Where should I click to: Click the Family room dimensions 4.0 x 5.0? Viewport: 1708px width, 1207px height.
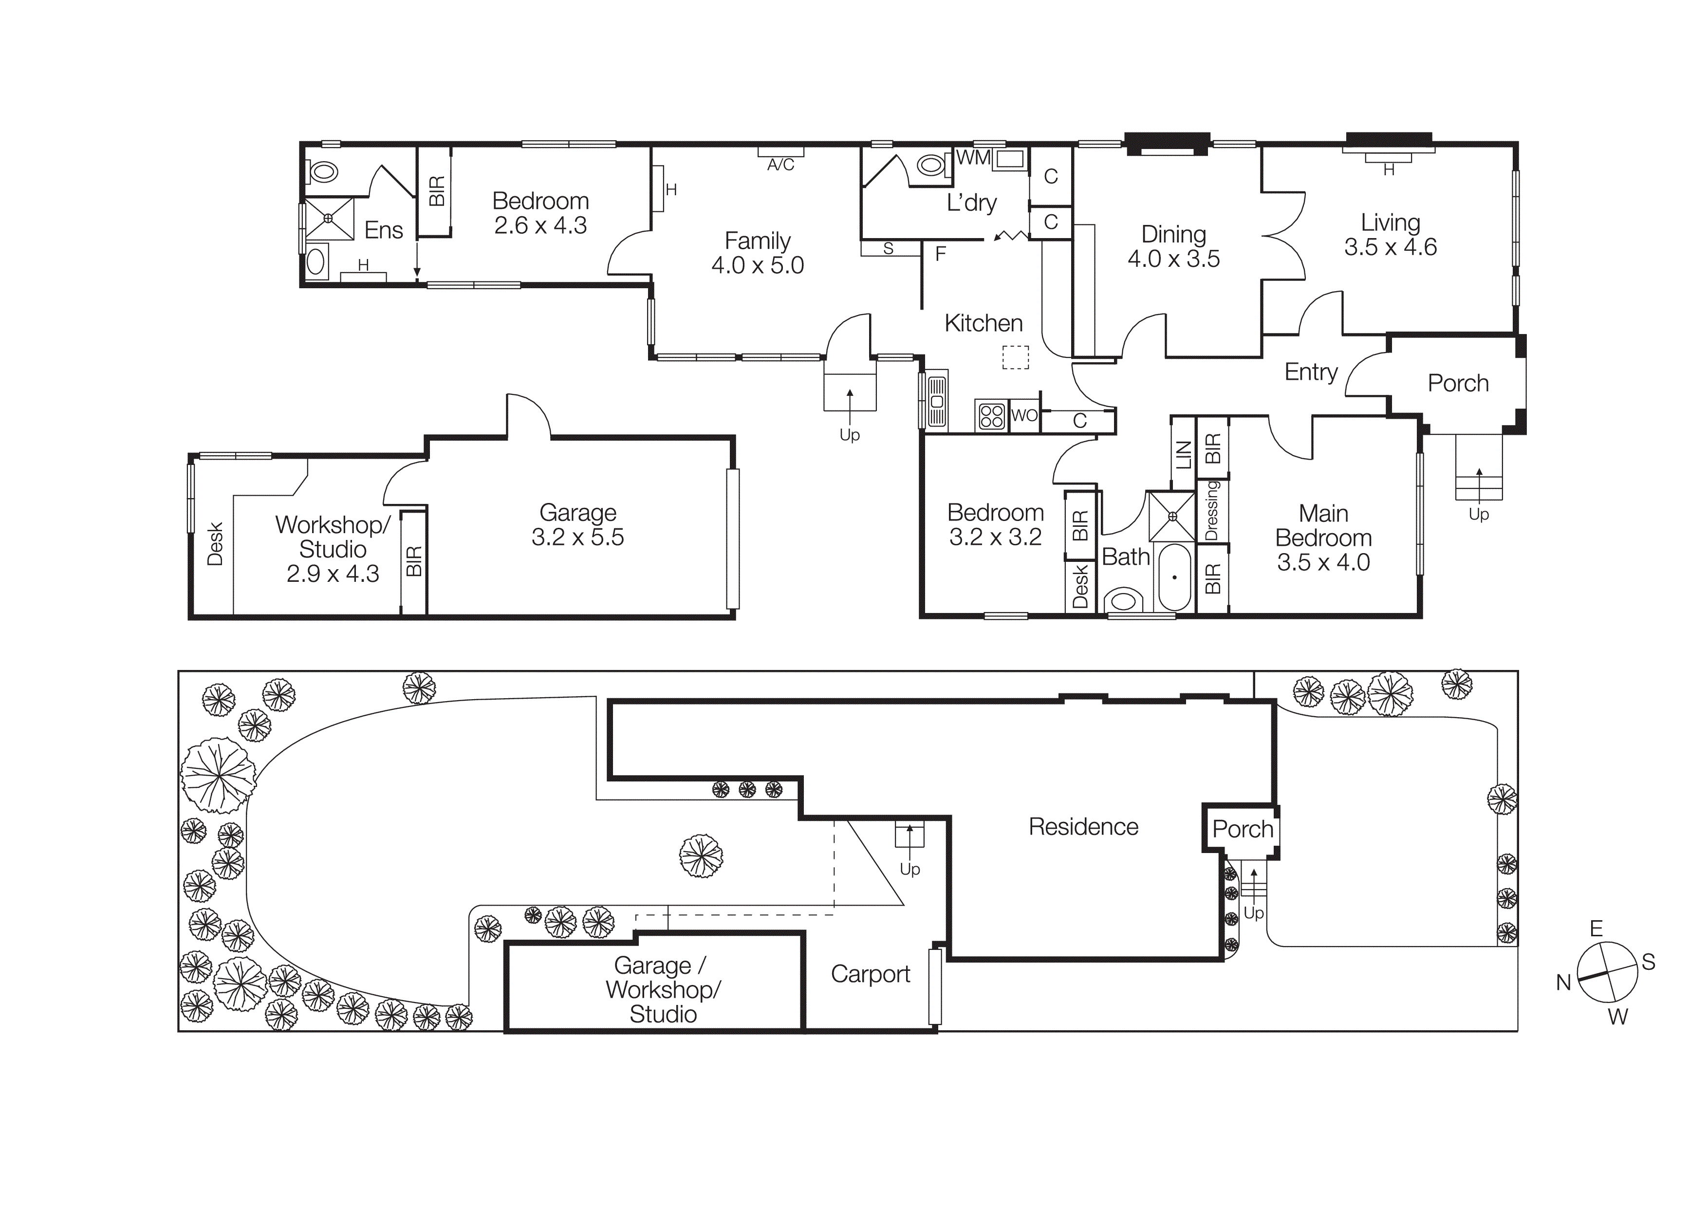pos(757,265)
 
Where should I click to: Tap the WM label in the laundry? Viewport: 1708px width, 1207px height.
pos(973,158)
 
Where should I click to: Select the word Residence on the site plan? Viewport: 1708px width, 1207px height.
pos(1083,827)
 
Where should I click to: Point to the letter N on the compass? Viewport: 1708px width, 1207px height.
pos(1564,983)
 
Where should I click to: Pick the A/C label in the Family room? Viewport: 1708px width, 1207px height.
pos(780,165)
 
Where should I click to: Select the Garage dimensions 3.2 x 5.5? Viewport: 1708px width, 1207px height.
pos(577,537)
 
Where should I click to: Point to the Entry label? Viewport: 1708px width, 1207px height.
pos(1311,372)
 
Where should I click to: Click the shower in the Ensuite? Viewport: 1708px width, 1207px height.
pos(328,219)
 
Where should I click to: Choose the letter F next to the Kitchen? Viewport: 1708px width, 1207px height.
pos(940,254)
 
